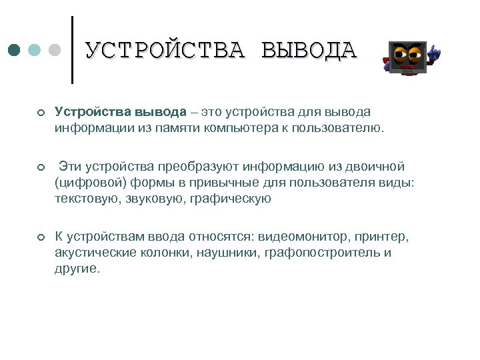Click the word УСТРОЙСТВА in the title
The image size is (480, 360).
pos(165,51)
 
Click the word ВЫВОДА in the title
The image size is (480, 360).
pos(309,51)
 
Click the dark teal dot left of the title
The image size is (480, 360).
pos(15,50)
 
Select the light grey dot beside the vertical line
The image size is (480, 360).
pos(55,50)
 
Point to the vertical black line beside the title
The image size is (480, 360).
pos(72,50)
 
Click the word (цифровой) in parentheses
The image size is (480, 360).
pos(87,182)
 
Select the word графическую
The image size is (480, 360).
pos(231,198)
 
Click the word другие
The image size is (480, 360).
pos(77,269)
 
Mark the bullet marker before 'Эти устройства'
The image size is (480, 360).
pos(41,167)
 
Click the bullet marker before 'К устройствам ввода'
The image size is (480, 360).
pos(41,238)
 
